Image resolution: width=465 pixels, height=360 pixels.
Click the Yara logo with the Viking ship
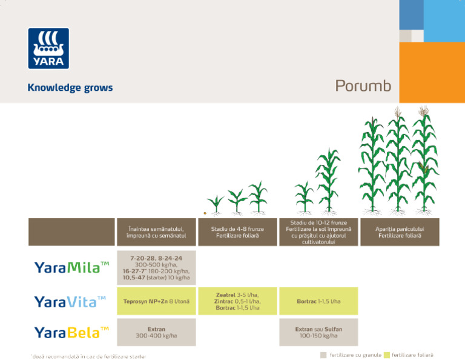point(48,48)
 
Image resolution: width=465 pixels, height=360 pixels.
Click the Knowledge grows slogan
point(70,88)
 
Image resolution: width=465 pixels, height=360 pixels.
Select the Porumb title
point(363,86)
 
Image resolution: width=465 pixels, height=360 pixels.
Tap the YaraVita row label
point(70,301)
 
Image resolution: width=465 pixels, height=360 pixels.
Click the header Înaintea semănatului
point(156,232)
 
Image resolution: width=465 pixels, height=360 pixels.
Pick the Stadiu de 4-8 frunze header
point(237,232)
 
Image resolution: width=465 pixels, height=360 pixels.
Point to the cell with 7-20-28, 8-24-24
point(156,267)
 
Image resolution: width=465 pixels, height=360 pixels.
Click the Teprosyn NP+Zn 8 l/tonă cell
point(156,301)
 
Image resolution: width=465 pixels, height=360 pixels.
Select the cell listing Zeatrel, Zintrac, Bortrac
point(237,301)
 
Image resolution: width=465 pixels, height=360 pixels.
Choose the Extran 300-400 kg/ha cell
point(156,332)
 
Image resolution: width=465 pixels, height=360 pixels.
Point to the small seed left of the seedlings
point(205,213)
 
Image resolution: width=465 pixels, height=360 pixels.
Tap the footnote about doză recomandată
point(88,356)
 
